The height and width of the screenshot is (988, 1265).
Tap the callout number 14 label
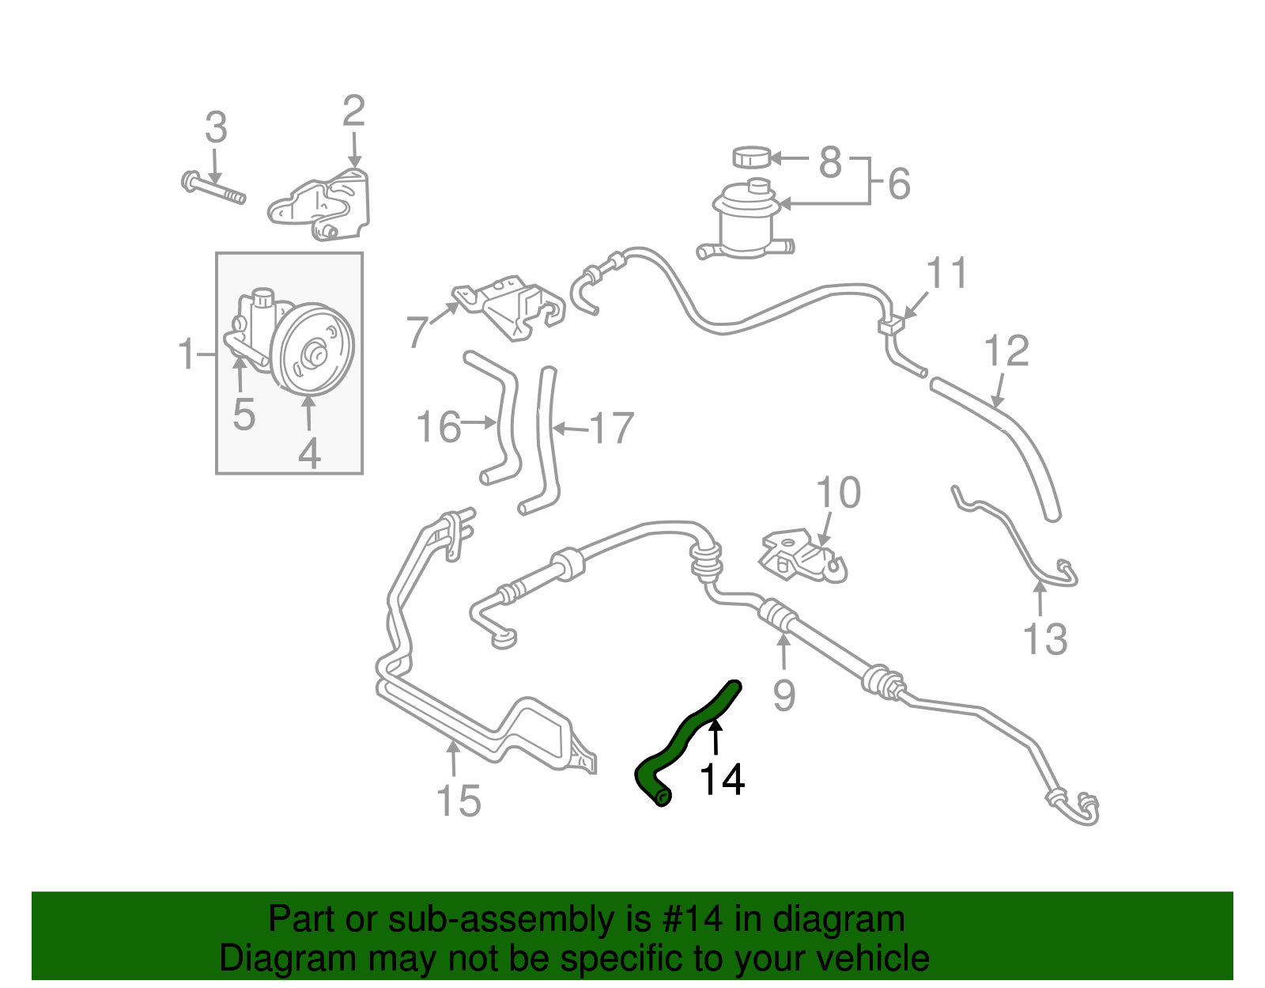tap(722, 780)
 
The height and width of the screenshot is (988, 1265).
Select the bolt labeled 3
tap(213, 188)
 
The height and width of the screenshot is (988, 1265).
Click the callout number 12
tap(1006, 351)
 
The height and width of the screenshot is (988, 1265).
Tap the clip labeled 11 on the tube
tap(890, 324)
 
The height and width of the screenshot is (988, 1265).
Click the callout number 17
tap(612, 428)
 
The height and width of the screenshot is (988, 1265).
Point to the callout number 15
tap(459, 801)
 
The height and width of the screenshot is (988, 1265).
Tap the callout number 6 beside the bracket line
tap(900, 184)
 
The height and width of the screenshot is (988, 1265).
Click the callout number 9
tap(784, 695)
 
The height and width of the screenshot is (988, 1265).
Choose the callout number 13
tap(1045, 639)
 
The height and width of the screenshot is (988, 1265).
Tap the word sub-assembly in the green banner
tap(498, 920)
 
